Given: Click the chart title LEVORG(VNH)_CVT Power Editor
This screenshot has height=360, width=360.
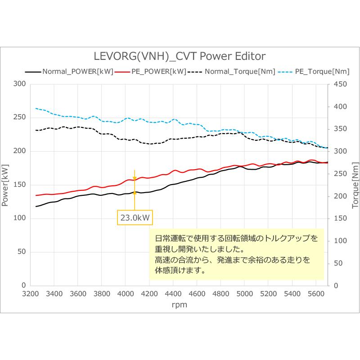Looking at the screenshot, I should [180, 56].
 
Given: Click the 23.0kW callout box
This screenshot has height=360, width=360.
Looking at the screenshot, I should [135, 218].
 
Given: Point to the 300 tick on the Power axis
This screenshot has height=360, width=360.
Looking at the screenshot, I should [19, 84].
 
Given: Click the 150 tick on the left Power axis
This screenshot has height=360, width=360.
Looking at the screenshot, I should [19, 184].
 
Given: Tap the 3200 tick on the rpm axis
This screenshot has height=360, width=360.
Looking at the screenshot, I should [30, 294].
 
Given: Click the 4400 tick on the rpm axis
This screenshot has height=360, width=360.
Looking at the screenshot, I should [173, 294].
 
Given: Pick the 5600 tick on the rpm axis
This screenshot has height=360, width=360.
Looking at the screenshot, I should [316, 294].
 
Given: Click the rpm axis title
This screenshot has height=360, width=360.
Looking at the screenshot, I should [179, 305].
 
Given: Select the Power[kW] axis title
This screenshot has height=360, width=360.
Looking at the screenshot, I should [5, 184].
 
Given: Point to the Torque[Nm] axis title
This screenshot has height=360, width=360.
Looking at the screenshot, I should [354, 184].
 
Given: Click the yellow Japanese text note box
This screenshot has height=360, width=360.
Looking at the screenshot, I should [236, 254].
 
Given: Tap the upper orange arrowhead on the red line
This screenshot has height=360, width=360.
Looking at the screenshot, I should [135, 179].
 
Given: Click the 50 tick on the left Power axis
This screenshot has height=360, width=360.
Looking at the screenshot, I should [21, 252].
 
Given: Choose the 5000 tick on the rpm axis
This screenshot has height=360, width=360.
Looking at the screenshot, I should [244, 294].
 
